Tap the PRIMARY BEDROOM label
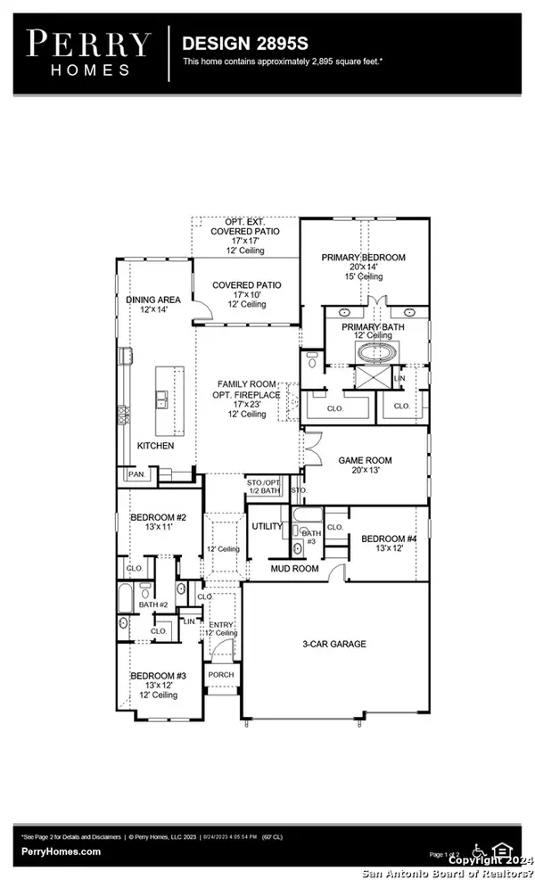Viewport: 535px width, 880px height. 364,258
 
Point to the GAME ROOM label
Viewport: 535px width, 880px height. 365,461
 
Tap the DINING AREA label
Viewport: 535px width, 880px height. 153,300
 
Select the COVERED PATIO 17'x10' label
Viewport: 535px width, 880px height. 246,285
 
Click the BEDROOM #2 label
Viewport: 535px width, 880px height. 157,517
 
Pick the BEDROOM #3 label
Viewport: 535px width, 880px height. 158,676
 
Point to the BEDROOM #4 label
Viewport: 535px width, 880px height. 389,539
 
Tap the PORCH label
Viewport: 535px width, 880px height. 220,675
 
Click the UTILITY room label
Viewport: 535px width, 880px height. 267,527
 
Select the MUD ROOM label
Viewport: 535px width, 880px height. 294,568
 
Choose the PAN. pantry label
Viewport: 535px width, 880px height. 136,476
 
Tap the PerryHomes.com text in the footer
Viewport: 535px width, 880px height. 61,851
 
